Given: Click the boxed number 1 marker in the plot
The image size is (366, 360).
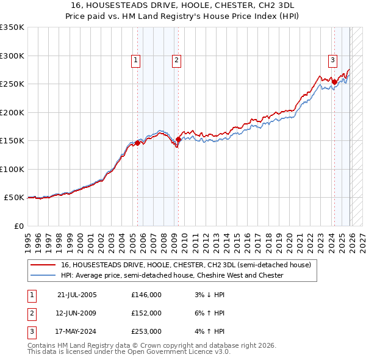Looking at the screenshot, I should tap(135, 60).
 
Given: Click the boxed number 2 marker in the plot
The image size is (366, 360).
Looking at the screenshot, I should tap(176, 60).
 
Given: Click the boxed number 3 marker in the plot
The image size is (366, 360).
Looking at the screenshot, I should tap(332, 60).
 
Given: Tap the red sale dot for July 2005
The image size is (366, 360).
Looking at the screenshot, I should tap(138, 143).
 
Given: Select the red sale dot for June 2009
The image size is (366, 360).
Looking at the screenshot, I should tap(178, 140).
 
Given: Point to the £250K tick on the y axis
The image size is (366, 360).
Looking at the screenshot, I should tap(12, 84).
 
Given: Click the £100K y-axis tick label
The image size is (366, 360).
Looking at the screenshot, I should tap(12, 169).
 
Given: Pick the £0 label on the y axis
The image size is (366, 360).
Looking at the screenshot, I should tap(18, 226).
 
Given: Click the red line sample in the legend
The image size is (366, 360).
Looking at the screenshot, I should tap(43, 265).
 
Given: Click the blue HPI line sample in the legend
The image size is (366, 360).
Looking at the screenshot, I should tap(43, 276).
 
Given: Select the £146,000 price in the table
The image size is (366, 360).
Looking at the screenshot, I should tap(146, 295).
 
